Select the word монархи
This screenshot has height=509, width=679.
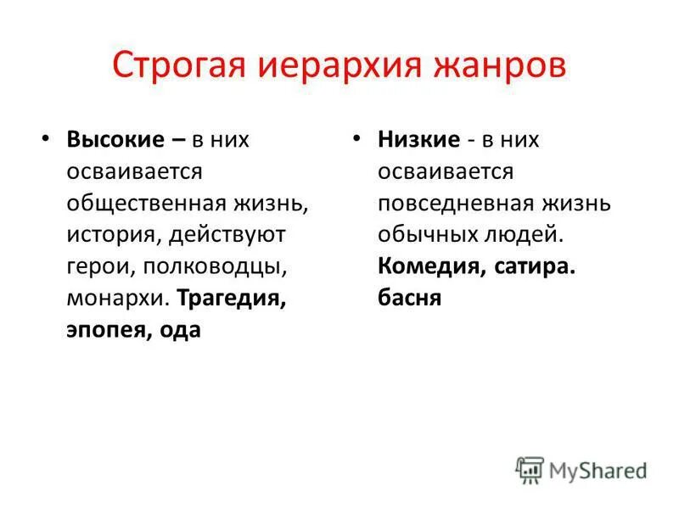coord(116,299)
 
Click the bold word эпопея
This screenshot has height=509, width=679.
coord(105,330)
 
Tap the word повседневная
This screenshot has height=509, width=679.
coord(457,203)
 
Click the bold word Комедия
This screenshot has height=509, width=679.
coord(429,266)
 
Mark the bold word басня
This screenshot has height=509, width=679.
coord(409,299)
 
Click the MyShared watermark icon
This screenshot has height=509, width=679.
coord(530,469)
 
